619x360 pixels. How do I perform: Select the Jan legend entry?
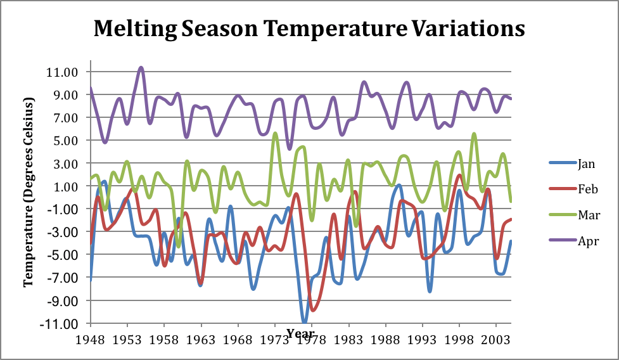pyautogui.click(x=586, y=164)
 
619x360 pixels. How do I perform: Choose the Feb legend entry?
pyautogui.click(x=586, y=190)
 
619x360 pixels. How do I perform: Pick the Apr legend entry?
pyautogui.click(x=587, y=241)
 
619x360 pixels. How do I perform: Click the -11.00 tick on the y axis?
pyautogui.click(x=60, y=323)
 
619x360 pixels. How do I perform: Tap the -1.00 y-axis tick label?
pyautogui.click(x=61, y=209)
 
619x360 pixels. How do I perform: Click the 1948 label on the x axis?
pyautogui.click(x=91, y=339)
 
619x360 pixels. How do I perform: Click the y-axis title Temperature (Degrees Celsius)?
pyautogui.click(x=28, y=192)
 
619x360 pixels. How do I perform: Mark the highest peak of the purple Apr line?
pyautogui.click(x=141, y=67)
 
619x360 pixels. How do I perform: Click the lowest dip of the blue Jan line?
pyautogui.click(x=305, y=321)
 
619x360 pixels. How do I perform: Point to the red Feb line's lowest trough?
pyautogui.click(x=313, y=310)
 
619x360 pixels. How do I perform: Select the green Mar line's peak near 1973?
pyautogui.click(x=275, y=133)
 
